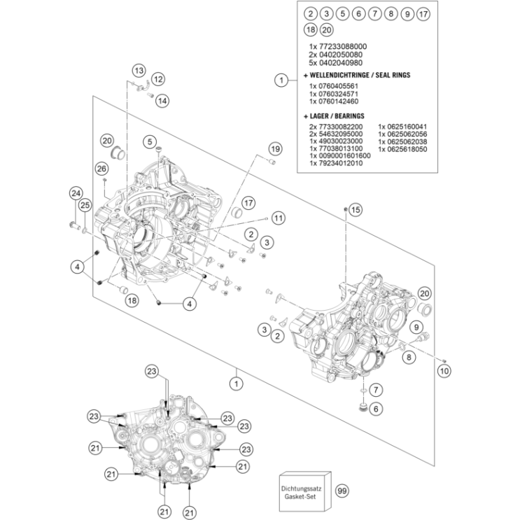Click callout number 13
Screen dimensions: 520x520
(139, 71)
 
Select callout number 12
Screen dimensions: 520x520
(158, 78)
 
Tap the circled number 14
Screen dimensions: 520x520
(162, 101)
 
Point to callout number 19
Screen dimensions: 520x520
(274, 149)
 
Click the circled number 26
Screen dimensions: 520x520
(101, 169)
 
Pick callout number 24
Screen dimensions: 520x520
(76, 193)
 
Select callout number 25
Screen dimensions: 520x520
(85, 205)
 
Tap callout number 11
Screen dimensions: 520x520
(279, 218)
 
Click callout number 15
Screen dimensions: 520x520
(355, 209)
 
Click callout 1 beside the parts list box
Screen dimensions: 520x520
(281, 80)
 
